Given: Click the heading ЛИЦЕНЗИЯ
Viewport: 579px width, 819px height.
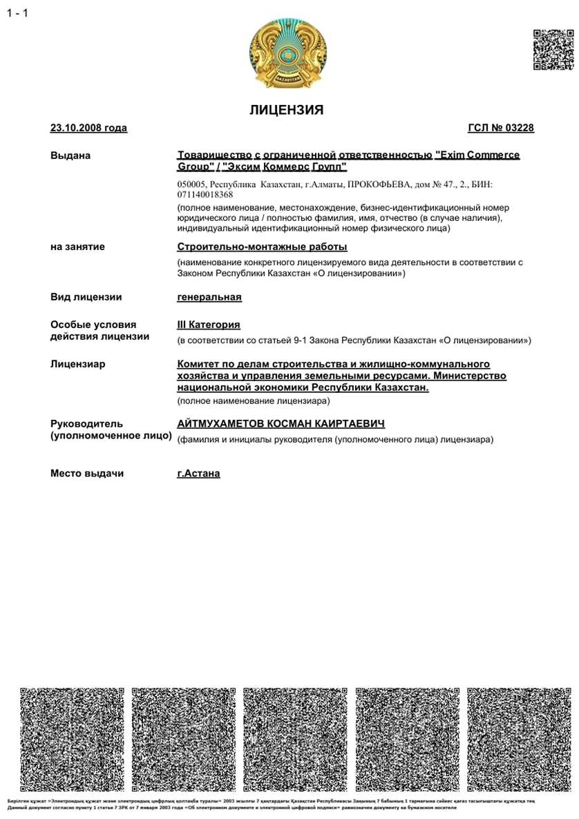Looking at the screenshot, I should (x=286, y=110).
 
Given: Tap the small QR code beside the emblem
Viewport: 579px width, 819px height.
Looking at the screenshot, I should (x=553, y=50).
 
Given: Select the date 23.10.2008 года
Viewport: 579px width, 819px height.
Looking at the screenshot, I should (x=88, y=128).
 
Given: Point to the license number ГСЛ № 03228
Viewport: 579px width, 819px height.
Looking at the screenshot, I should (x=501, y=128).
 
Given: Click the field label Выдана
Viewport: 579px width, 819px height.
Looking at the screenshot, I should (x=70, y=155).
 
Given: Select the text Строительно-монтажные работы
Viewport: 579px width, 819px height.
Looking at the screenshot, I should (x=262, y=247).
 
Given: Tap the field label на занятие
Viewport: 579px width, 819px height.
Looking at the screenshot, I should (x=77, y=247).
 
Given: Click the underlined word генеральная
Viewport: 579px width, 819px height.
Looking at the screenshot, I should (x=209, y=297).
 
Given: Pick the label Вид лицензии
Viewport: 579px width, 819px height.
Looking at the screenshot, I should (x=86, y=297).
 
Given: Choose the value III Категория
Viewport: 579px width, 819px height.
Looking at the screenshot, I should (x=209, y=325).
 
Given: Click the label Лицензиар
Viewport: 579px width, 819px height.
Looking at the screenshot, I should (x=77, y=364).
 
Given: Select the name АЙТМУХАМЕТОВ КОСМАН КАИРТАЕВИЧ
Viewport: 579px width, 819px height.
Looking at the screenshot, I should (x=281, y=423).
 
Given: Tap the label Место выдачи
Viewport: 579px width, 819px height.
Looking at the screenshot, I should (x=87, y=474).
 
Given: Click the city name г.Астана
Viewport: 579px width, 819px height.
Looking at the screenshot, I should (x=198, y=474).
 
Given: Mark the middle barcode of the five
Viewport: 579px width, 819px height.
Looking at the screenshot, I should (x=289, y=739).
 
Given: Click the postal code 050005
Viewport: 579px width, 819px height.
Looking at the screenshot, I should (x=191, y=185).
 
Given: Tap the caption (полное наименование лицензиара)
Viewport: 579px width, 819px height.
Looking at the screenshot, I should (x=254, y=401).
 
